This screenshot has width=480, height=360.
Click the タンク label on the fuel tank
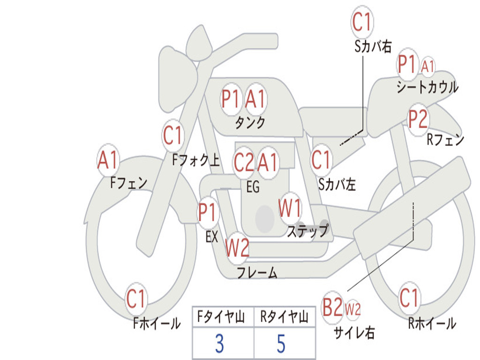(250, 123)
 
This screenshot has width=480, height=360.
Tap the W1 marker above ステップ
(290, 209)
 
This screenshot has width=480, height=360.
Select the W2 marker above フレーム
(237, 248)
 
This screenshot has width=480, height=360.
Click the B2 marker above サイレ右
(332, 308)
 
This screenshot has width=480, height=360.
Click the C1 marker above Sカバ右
(362, 22)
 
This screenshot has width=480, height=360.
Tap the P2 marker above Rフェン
(418, 120)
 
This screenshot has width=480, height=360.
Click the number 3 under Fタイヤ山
(219, 344)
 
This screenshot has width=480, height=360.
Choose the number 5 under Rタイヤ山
(281, 344)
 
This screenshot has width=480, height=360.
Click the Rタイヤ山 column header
(284, 317)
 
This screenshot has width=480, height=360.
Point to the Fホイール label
(157, 323)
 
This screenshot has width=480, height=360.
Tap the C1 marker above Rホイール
(409, 298)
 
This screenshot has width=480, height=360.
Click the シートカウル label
(427, 87)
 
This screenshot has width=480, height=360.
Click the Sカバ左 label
(337, 185)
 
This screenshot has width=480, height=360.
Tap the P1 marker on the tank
(231, 99)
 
